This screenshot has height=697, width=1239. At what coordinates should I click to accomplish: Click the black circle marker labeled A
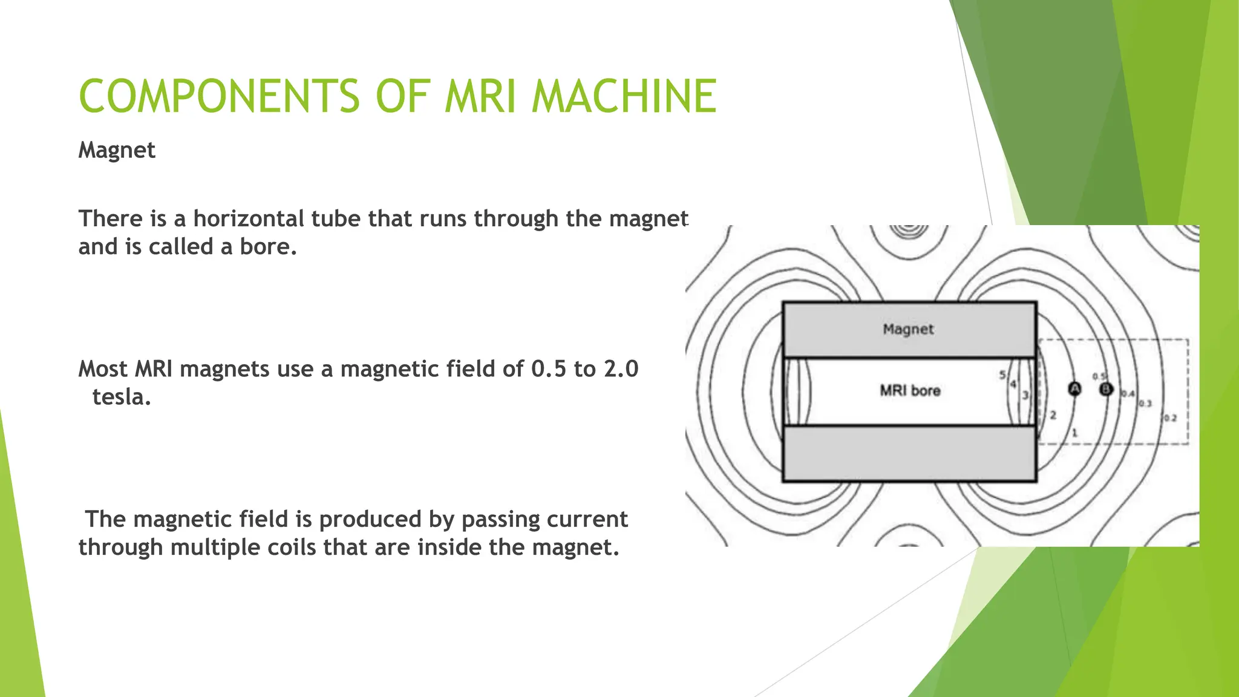click(1074, 389)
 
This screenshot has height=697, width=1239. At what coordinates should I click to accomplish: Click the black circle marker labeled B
click(1106, 389)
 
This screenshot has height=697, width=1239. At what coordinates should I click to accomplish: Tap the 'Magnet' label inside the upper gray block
click(908, 329)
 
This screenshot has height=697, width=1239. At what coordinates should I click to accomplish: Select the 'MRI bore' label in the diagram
click(910, 391)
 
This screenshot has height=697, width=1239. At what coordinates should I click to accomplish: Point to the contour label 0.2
click(1171, 418)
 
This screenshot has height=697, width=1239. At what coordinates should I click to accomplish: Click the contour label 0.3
click(1146, 404)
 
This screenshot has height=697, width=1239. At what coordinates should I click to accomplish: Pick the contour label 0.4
click(1128, 394)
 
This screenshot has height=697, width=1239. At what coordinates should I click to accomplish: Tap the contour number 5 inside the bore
click(1002, 375)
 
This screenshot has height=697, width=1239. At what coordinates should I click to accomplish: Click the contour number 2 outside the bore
click(1053, 415)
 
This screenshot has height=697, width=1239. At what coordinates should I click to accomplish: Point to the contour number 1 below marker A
click(1074, 433)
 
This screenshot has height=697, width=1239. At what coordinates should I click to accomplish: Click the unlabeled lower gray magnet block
click(909, 454)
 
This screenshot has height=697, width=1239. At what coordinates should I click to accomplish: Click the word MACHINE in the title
click(624, 97)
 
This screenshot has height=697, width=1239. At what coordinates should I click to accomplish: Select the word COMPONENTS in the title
click(219, 97)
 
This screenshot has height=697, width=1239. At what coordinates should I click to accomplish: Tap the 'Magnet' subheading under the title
click(117, 150)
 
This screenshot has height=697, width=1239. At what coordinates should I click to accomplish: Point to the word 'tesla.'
click(121, 398)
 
